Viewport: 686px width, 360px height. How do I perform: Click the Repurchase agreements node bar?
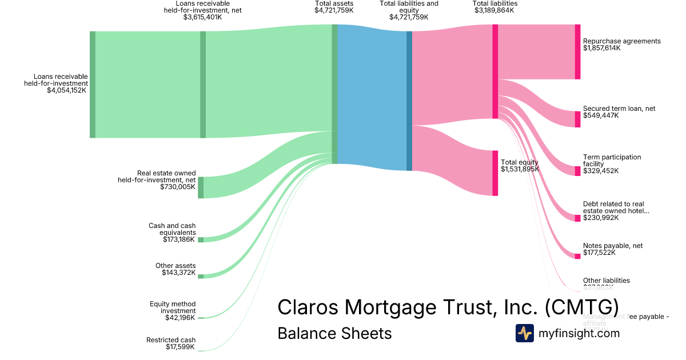tap(577, 51)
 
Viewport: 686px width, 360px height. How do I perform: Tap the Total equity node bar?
tap(495, 173)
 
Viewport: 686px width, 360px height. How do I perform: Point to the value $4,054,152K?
tap(67, 90)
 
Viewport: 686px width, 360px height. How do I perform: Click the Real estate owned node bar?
tap(201, 187)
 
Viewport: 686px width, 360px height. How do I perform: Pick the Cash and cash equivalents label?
tap(171, 229)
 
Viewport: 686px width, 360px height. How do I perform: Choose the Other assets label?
tap(176, 266)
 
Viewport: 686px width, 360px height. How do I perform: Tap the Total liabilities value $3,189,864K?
tap(495, 10)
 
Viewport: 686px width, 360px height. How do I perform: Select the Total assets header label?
tap(334, 3)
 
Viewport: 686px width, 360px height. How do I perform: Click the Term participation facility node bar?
tap(577, 171)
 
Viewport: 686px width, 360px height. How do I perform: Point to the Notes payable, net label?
tap(612, 246)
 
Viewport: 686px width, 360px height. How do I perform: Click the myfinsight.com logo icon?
tap(524, 333)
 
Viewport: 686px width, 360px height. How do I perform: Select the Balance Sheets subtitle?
tap(334, 333)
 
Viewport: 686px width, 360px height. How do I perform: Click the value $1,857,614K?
tap(601, 48)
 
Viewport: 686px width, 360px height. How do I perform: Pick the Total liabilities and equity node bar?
tap(409, 101)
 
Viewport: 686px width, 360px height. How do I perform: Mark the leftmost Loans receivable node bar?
tap(93, 85)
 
